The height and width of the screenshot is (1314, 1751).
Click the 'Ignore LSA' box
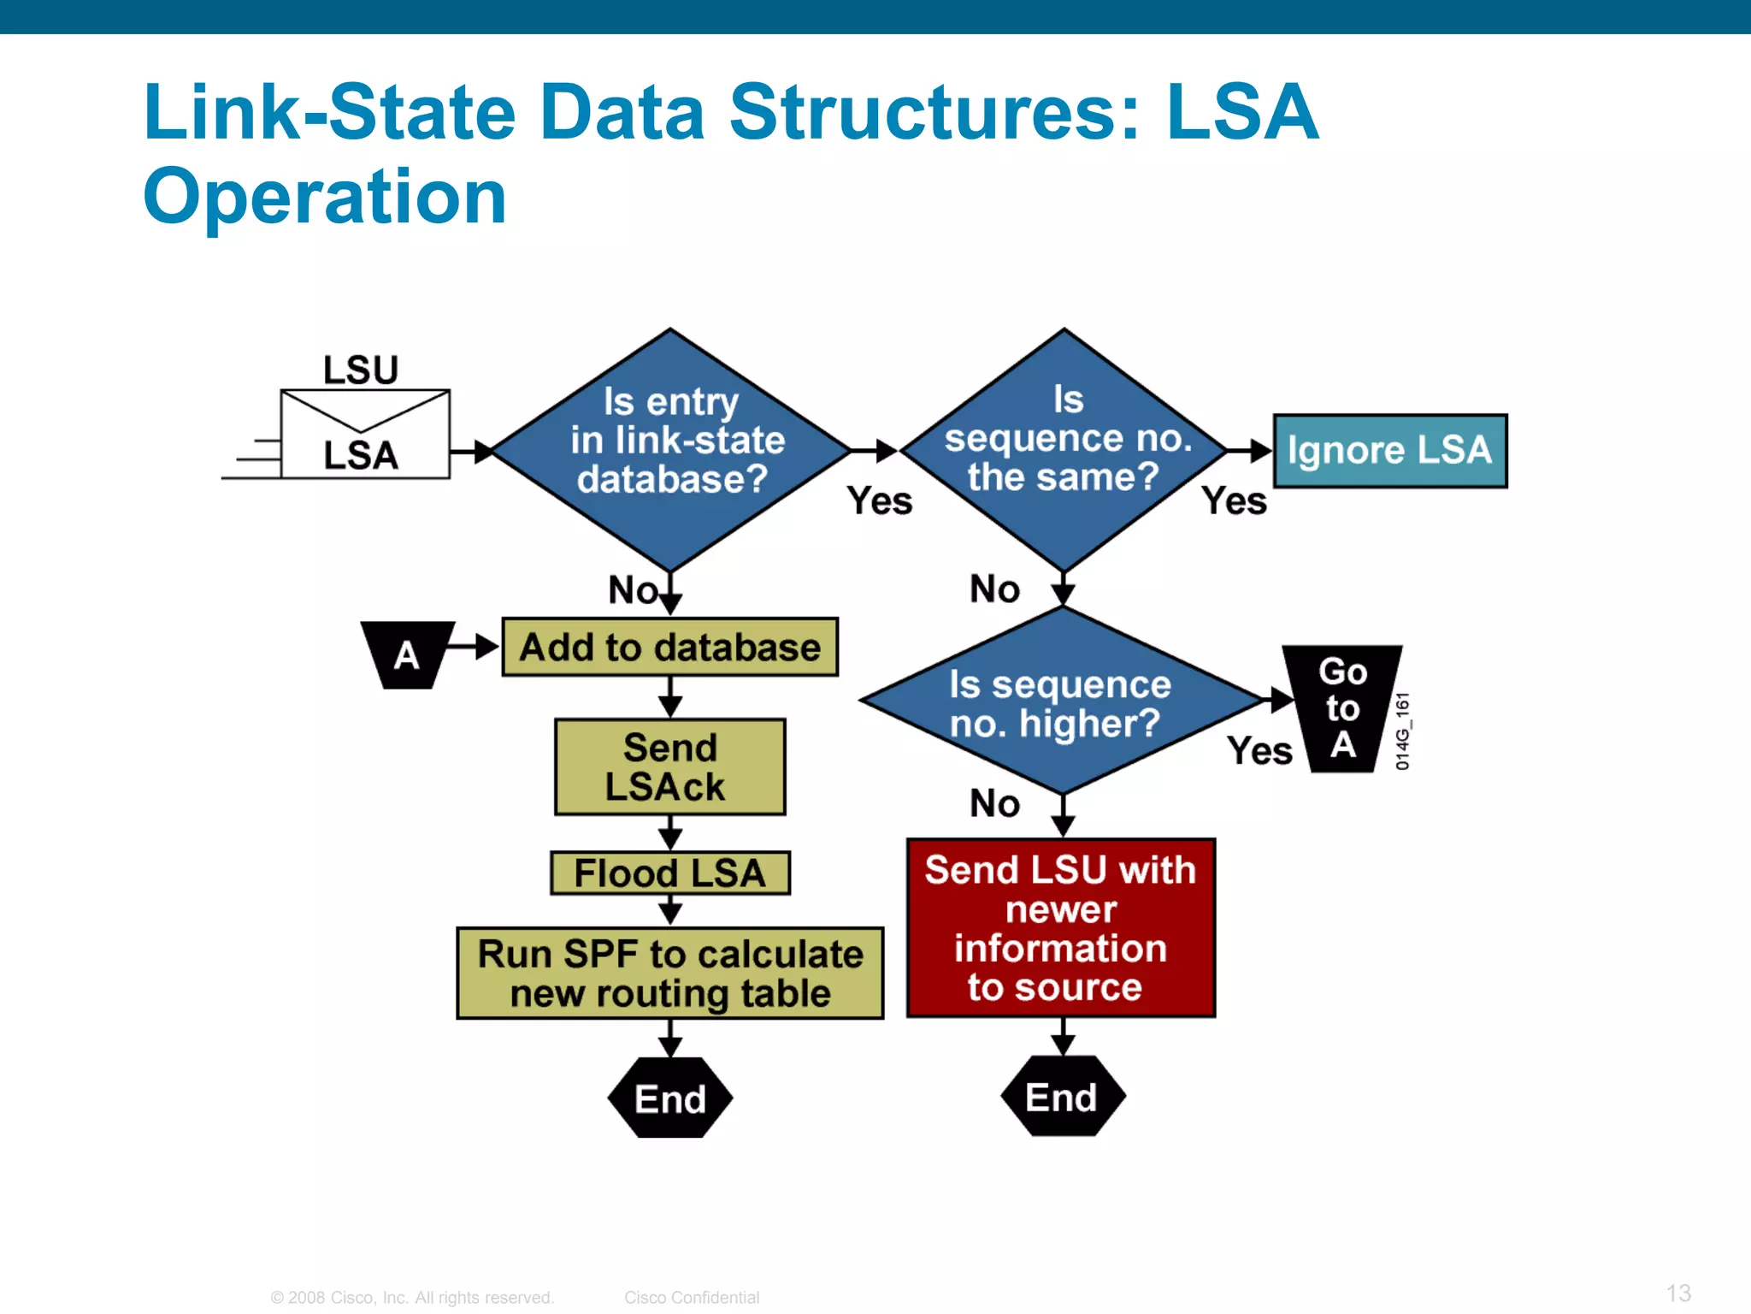click(x=1389, y=451)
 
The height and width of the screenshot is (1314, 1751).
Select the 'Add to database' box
click(x=669, y=647)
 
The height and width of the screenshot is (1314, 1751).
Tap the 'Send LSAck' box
click(x=669, y=766)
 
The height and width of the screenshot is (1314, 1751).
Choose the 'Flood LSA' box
click(x=669, y=873)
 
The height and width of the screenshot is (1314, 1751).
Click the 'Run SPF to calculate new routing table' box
click(x=669, y=974)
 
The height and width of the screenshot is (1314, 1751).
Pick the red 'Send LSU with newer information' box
click(x=1060, y=928)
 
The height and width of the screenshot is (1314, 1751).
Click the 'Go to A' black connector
click(x=1342, y=708)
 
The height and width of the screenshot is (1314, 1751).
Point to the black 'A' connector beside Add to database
click(x=407, y=654)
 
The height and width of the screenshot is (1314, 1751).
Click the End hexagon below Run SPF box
click(x=669, y=1098)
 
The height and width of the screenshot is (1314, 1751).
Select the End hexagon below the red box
click(x=1062, y=1097)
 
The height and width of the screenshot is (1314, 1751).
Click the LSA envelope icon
click(x=364, y=435)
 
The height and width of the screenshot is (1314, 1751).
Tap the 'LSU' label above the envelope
click(x=361, y=370)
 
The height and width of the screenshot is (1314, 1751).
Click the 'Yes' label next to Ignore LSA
click(x=1234, y=500)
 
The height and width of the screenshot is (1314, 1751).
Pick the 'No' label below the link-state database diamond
click(x=633, y=589)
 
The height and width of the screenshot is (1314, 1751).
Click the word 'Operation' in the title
click(x=325, y=196)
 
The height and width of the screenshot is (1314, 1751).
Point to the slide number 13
click(x=1678, y=1293)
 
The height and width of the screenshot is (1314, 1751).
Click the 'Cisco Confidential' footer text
click(x=691, y=1297)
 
